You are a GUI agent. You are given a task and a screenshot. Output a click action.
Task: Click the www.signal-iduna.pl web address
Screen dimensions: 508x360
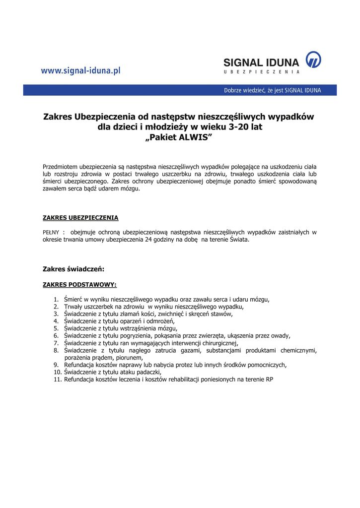pos(80,71)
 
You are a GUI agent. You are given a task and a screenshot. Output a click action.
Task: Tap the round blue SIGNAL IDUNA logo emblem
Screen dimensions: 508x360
pos(313,60)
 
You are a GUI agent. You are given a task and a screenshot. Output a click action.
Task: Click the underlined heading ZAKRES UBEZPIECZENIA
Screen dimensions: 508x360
pos(80,217)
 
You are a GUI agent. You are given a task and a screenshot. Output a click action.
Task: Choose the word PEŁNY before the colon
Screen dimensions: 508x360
pos(52,232)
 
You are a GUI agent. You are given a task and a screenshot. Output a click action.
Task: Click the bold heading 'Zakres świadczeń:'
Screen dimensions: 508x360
pos(73,269)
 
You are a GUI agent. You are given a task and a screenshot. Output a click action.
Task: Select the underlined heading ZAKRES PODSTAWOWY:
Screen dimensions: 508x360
pos(80,285)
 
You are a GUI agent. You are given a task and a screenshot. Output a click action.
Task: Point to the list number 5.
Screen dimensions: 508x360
pos(57,328)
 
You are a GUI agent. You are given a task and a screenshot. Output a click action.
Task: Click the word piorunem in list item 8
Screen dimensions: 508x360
pos(130,357)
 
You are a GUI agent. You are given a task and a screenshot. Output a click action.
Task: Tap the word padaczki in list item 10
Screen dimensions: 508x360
pos(150,372)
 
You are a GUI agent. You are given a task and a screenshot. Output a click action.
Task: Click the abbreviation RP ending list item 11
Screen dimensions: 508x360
pos(270,379)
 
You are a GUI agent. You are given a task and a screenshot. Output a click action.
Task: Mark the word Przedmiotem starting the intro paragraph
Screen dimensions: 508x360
pos(61,167)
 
